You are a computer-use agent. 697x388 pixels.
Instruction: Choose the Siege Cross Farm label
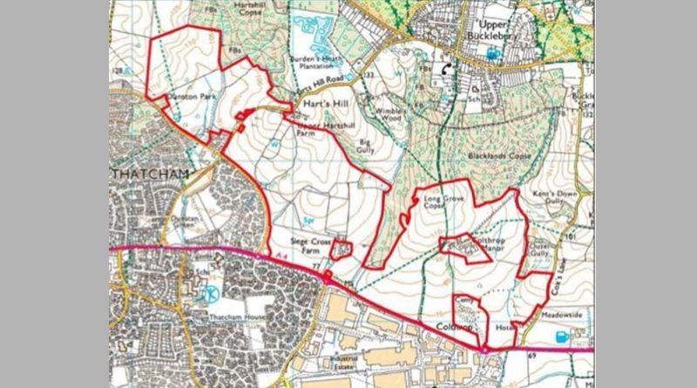click(307, 246)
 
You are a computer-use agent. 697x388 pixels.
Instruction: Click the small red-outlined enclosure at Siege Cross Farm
click(342, 251)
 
